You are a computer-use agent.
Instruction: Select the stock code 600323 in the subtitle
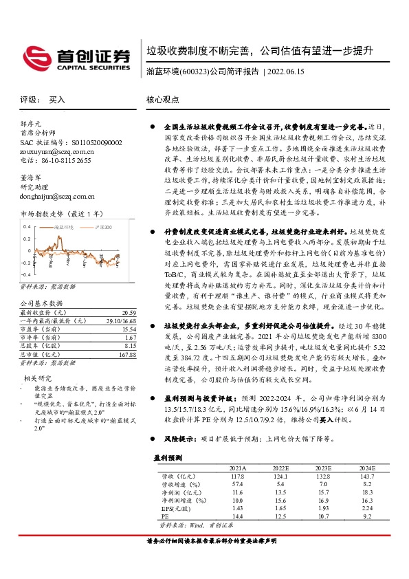pos(192,70)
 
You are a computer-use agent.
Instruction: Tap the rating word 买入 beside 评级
pos(56,99)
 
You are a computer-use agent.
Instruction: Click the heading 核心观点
pos(163,99)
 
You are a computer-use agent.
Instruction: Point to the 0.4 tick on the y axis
pos(27,226)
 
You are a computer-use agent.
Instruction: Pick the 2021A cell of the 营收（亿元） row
pos(237,476)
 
